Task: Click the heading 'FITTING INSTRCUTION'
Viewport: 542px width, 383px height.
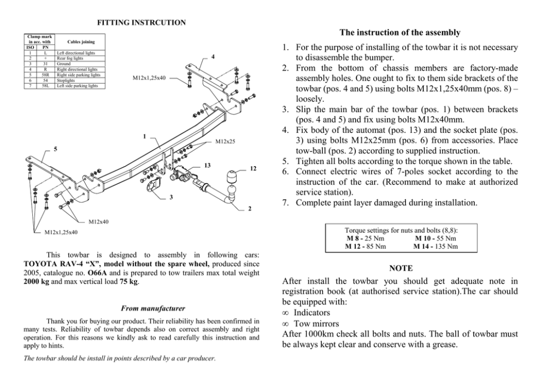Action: click(141, 22)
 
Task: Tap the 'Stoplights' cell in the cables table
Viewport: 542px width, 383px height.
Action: click(68, 81)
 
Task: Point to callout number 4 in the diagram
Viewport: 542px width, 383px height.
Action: click(213, 57)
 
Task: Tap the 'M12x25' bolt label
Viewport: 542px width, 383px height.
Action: click(225, 142)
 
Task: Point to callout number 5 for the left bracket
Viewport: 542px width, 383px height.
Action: click(55, 149)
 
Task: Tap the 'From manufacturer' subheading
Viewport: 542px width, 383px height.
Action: click(142, 309)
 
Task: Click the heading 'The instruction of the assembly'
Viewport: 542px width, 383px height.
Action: click(400, 33)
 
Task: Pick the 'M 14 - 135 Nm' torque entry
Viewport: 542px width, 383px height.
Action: click(435, 246)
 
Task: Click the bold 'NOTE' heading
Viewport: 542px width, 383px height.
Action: click(401, 268)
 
